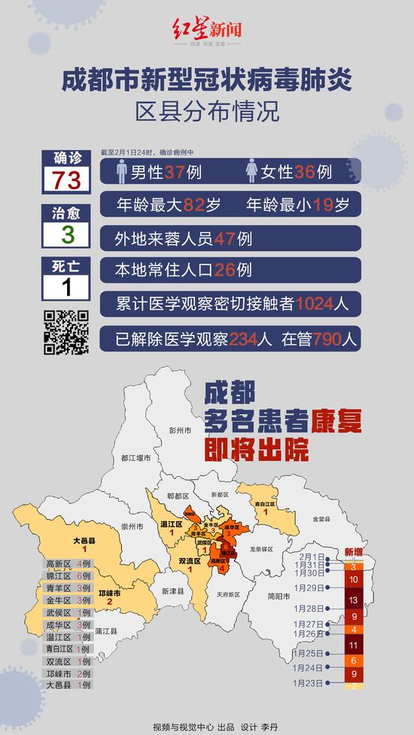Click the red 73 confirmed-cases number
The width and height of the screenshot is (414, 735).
[67, 180]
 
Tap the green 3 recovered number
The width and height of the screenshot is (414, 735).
[67, 234]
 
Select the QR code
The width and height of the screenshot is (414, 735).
[66, 332]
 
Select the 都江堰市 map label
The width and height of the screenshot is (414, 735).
[135, 458]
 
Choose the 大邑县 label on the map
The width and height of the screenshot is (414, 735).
[84, 540]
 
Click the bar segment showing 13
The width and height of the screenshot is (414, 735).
[354, 600]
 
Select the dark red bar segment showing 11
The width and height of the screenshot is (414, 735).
[354, 645]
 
